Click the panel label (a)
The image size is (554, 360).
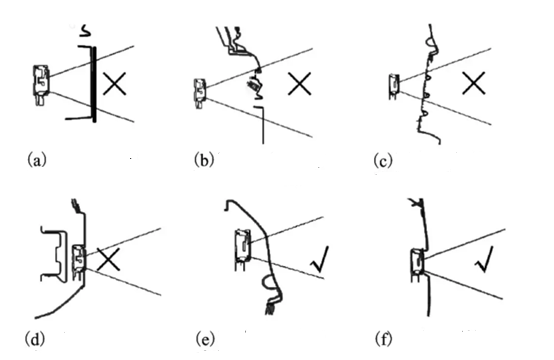click(36, 160)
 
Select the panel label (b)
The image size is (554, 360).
click(204, 160)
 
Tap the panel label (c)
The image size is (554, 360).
click(383, 161)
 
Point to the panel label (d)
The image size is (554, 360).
click(35, 339)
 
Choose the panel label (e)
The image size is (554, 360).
click(205, 340)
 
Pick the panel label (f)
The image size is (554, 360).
click(383, 339)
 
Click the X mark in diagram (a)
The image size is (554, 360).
click(114, 84)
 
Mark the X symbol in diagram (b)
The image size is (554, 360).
click(299, 84)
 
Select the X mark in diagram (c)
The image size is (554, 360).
click(473, 83)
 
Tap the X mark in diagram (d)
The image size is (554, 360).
click(108, 260)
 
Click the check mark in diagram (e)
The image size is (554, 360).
click(320, 260)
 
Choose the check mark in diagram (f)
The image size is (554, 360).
click(484, 260)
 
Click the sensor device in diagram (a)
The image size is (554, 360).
click(41, 84)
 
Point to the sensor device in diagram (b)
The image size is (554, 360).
click(200, 94)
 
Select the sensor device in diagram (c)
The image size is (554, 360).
click(394, 86)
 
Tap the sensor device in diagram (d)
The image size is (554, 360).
click(79, 261)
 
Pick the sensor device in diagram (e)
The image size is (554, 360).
click(243, 249)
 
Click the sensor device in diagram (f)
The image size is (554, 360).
click(417, 265)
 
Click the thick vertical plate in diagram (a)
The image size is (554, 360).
click(94, 84)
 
